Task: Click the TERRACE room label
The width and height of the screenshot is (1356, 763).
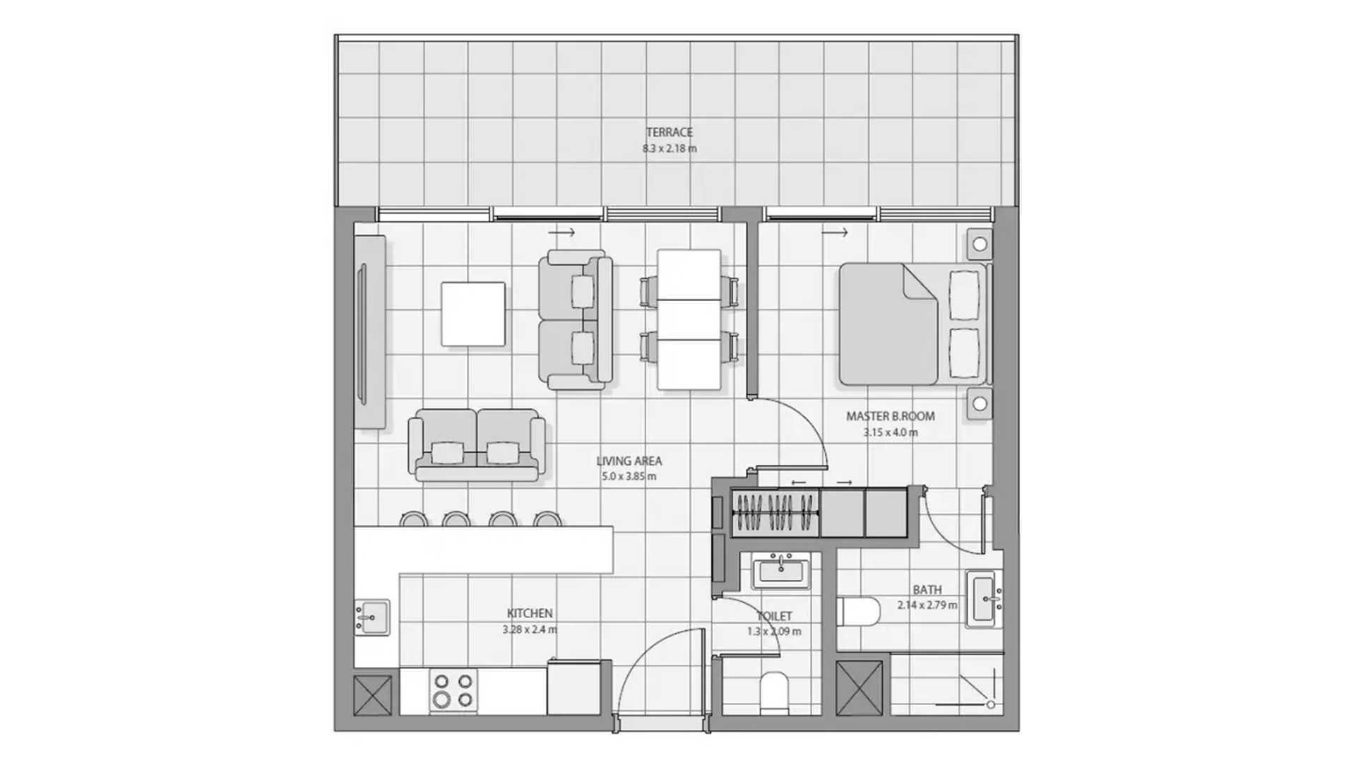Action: [x=669, y=132]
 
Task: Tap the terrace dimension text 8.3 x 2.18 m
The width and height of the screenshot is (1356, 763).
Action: [x=669, y=148]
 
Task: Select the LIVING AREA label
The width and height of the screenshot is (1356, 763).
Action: [x=629, y=461]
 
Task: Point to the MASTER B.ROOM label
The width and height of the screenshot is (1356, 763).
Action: [x=890, y=416]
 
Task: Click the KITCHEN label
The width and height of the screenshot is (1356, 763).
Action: [x=530, y=613]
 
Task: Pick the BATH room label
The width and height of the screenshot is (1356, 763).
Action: [x=927, y=589]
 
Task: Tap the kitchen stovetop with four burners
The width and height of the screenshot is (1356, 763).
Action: [x=453, y=690]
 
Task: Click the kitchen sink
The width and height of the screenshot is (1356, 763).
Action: [x=371, y=617]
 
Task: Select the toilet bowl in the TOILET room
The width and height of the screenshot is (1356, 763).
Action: [x=774, y=692]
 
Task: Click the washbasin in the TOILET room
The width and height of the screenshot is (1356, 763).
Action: [x=780, y=571]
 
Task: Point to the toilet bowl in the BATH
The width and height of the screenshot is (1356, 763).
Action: [x=858, y=612]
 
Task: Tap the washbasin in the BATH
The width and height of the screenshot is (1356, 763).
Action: [x=984, y=598]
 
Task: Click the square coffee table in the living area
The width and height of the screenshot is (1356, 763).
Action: [x=473, y=314]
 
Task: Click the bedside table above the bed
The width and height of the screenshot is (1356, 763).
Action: [x=980, y=244]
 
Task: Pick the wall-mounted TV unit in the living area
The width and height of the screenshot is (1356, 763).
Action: [x=370, y=331]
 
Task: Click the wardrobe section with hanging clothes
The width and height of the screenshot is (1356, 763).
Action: [x=775, y=511]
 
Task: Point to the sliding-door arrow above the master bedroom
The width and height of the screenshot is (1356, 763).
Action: [x=834, y=232]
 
